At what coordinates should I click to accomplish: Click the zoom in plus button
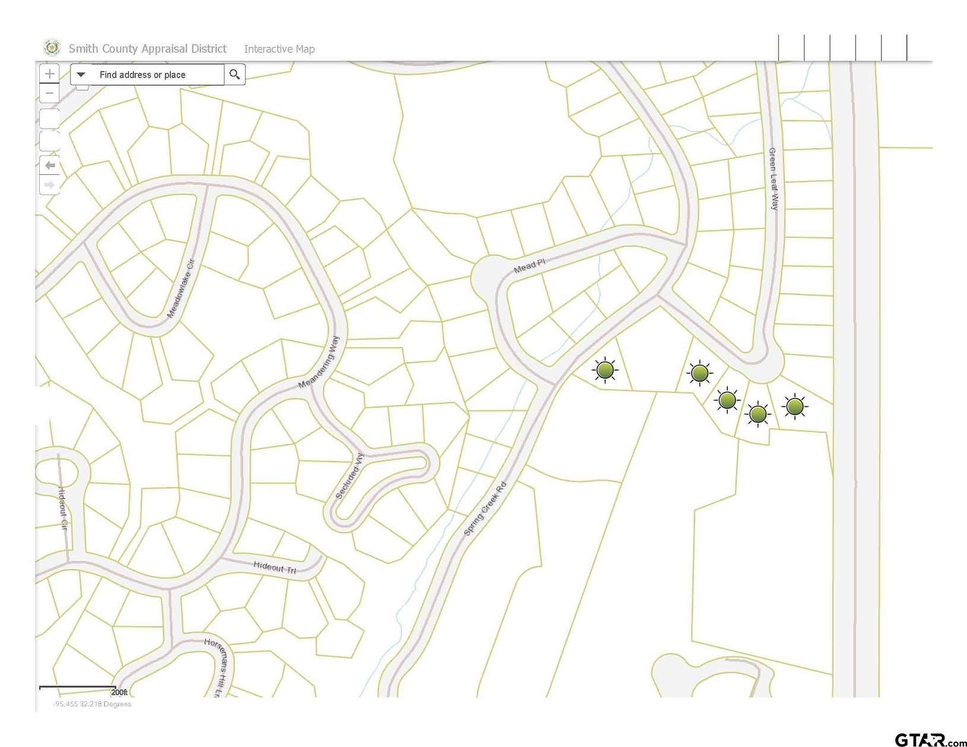click(x=50, y=74)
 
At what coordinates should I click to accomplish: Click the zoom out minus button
click(x=50, y=94)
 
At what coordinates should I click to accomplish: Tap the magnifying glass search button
click(x=235, y=75)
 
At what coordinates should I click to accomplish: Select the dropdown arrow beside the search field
click(x=82, y=75)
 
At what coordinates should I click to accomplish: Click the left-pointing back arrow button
click(x=50, y=165)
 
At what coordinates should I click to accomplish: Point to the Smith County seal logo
click(x=52, y=47)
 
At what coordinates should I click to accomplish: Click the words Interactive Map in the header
click(x=279, y=49)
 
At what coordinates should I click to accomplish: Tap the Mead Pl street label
click(x=529, y=266)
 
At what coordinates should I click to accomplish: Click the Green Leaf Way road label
click(x=773, y=179)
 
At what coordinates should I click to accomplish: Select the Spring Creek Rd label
click(x=485, y=509)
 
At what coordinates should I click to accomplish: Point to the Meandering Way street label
click(x=319, y=362)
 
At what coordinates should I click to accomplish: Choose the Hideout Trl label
click(x=275, y=567)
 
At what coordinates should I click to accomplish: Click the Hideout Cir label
click(x=62, y=509)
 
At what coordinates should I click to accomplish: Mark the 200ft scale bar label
click(x=119, y=692)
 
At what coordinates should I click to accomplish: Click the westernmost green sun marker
click(x=605, y=371)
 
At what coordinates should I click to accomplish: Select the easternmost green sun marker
click(x=794, y=406)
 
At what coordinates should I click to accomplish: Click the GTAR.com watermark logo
click(x=930, y=739)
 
